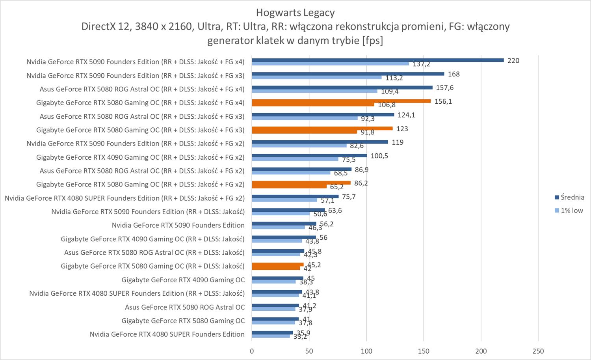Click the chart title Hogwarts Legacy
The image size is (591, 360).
point(295,13)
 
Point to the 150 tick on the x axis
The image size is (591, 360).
point(424,351)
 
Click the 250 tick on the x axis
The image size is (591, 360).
point(538,351)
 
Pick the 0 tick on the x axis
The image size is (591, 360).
point(252,351)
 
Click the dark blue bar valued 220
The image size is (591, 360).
point(377,60)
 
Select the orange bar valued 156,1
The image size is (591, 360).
point(341,101)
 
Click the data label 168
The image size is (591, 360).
point(453,74)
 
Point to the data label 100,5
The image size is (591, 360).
point(379,156)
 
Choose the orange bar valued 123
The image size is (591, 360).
point(322,129)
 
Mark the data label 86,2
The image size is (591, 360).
point(361,183)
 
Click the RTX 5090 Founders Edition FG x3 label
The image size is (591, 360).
point(135,75)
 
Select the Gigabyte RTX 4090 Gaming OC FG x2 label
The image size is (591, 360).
point(140,157)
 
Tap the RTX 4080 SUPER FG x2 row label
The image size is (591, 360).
point(125,198)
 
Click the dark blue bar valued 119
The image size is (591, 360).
point(320,142)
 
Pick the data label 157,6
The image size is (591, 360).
point(444,88)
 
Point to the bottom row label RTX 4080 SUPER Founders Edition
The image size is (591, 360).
point(167,334)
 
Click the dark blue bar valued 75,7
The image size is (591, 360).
point(295,196)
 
